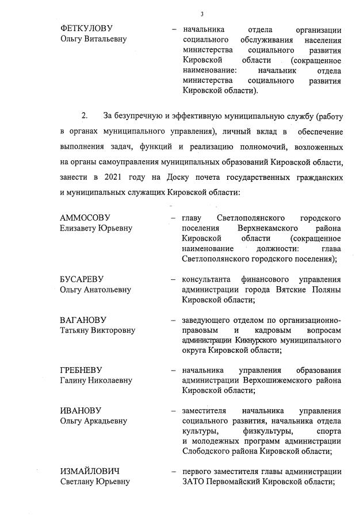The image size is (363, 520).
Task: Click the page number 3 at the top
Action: click(201, 14)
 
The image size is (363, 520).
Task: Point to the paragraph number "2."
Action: click(85, 116)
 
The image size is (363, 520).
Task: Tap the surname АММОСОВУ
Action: click(85, 218)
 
